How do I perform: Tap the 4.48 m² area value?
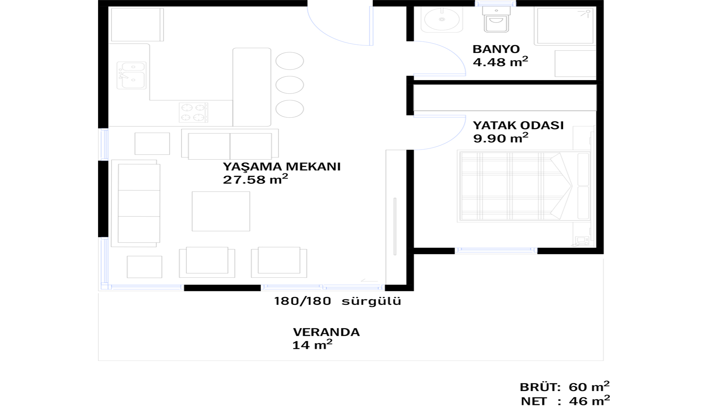500,62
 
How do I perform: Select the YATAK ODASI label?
518,125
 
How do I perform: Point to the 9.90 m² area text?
501,138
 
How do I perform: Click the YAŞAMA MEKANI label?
282,166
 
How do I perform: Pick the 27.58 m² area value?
255,179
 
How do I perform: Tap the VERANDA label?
326,332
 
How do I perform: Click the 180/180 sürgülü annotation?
338,301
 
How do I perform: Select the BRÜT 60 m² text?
564,386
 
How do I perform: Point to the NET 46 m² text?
565,400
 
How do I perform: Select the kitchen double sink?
131,76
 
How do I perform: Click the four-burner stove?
193,112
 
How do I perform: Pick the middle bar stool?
290,85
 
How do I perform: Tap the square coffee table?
221,211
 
